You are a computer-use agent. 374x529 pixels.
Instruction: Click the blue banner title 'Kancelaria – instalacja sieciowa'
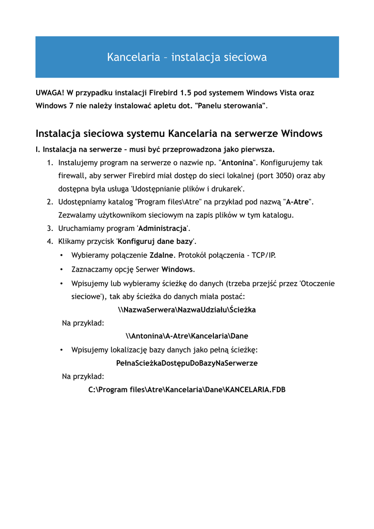click(186, 57)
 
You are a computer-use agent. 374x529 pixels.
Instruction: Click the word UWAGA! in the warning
click(50, 93)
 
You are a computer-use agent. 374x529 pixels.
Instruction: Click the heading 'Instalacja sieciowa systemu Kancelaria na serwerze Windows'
click(179, 134)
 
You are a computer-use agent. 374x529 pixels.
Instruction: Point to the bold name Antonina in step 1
click(239, 162)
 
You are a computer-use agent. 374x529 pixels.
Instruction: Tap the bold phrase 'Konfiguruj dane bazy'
click(155, 241)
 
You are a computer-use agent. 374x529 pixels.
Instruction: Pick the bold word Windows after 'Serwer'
click(177, 269)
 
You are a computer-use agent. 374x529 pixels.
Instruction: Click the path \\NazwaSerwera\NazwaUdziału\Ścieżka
click(186, 310)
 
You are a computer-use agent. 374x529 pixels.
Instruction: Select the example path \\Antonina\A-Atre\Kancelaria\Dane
click(186, 336)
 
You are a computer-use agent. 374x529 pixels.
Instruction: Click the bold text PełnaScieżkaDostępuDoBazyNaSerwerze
click(186, 363)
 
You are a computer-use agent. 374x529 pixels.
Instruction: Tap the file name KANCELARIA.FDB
click(255, 390)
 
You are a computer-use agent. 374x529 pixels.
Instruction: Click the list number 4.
click(50, 241)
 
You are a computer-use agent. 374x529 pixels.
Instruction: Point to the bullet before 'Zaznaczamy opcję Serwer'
click(61, 269)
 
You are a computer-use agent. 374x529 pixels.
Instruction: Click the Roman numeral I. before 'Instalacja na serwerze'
click(38, 149)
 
